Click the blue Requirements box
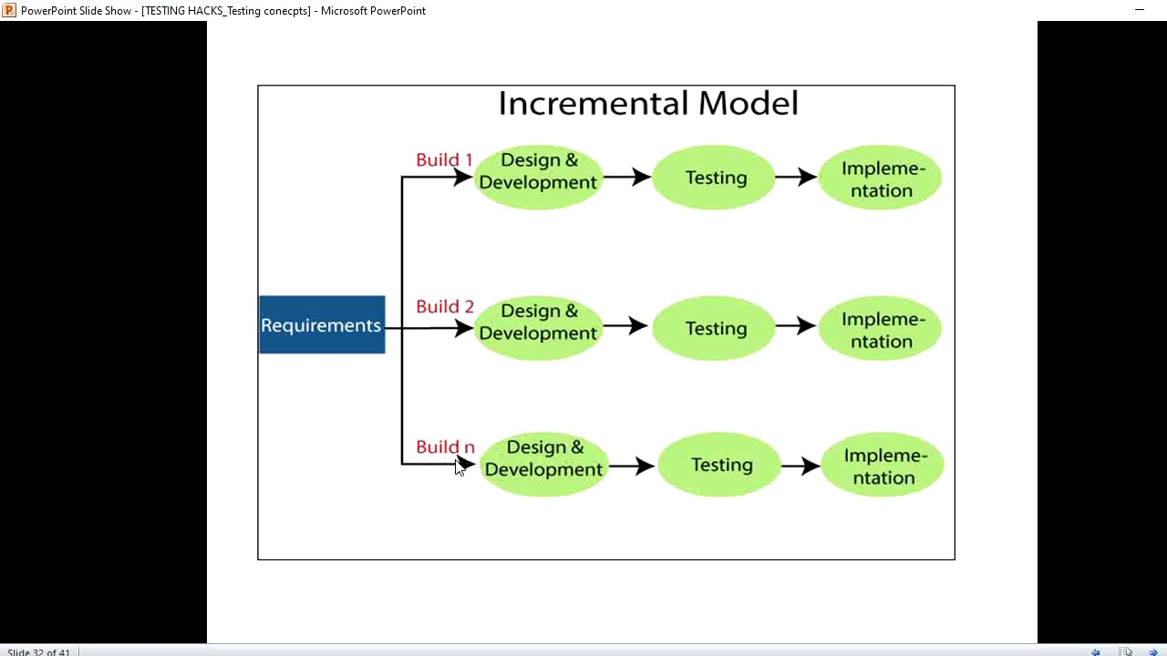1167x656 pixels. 322,325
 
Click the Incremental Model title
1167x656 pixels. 647,103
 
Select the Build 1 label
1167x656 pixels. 444,160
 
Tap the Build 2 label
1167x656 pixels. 445,307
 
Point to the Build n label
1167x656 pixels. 445,447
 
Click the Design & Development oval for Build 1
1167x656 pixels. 538,177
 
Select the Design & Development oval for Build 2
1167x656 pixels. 538,327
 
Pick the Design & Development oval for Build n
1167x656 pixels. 543,464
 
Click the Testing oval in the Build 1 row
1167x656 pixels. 715,178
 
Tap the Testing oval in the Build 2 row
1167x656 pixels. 715,328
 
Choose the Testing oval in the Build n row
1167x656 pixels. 720,465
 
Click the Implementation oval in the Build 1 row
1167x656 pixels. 881,179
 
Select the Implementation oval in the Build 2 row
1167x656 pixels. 881,329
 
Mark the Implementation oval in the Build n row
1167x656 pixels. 883,466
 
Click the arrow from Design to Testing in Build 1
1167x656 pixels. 627,177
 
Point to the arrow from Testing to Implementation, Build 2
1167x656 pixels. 796,326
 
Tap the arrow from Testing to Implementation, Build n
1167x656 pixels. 800,465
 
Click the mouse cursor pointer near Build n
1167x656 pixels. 460,466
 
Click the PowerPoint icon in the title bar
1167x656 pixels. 9,10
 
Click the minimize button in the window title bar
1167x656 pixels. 1139,10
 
